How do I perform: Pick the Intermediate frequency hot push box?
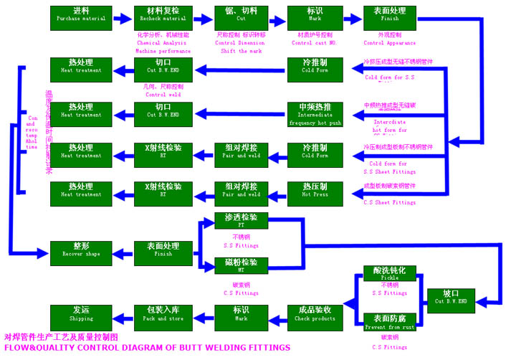tap(315, 114)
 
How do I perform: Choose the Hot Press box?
tap(315, 190)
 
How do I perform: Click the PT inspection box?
tap(241, 221)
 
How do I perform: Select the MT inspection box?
tap(241, 265)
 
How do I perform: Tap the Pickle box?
tap(389, 274)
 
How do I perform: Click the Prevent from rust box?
tap(389, 321)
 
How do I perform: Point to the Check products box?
tap(315, 313)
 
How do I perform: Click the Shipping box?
tap(81, 313)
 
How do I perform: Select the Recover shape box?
tap(81, 250)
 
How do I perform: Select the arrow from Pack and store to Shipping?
tap(121, 314)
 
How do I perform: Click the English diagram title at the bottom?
tap(147, 348)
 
